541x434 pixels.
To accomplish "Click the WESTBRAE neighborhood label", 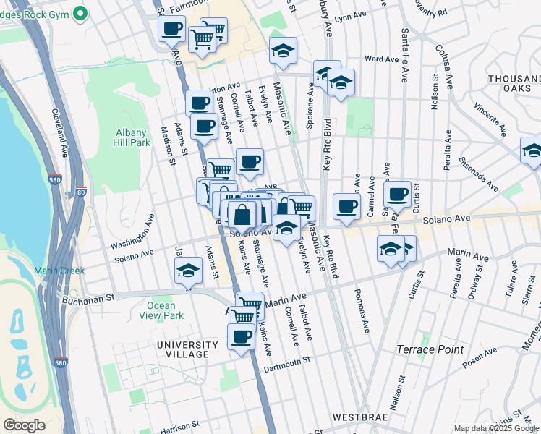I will click(x=361, y=417).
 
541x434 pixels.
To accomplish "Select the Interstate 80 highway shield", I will click(x=80, y=192).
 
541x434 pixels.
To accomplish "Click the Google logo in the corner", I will click(x=24, y=425).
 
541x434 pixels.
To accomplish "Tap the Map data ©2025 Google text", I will click(x=496, y=428).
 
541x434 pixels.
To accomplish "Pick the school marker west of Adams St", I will click(x=188, y=272).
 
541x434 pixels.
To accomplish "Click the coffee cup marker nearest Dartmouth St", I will click(x=241, y=336).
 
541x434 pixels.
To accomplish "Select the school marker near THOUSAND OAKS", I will click(x=532, y=150).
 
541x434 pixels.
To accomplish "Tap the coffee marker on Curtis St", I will click(x=397, y=193).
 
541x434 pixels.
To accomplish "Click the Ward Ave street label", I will click(x=377, y=59).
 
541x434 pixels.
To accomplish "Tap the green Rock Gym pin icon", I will click(x=81, y=12).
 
